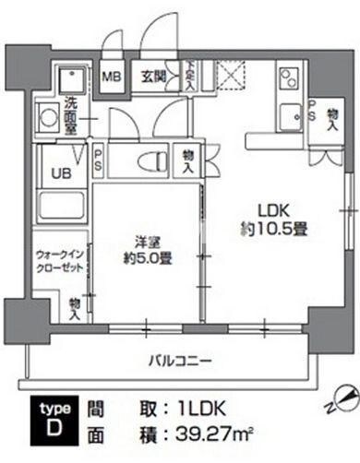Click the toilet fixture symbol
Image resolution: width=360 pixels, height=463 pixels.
[151, 162]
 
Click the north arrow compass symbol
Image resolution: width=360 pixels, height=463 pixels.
[342, 398]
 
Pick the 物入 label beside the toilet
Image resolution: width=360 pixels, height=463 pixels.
[188, 162]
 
